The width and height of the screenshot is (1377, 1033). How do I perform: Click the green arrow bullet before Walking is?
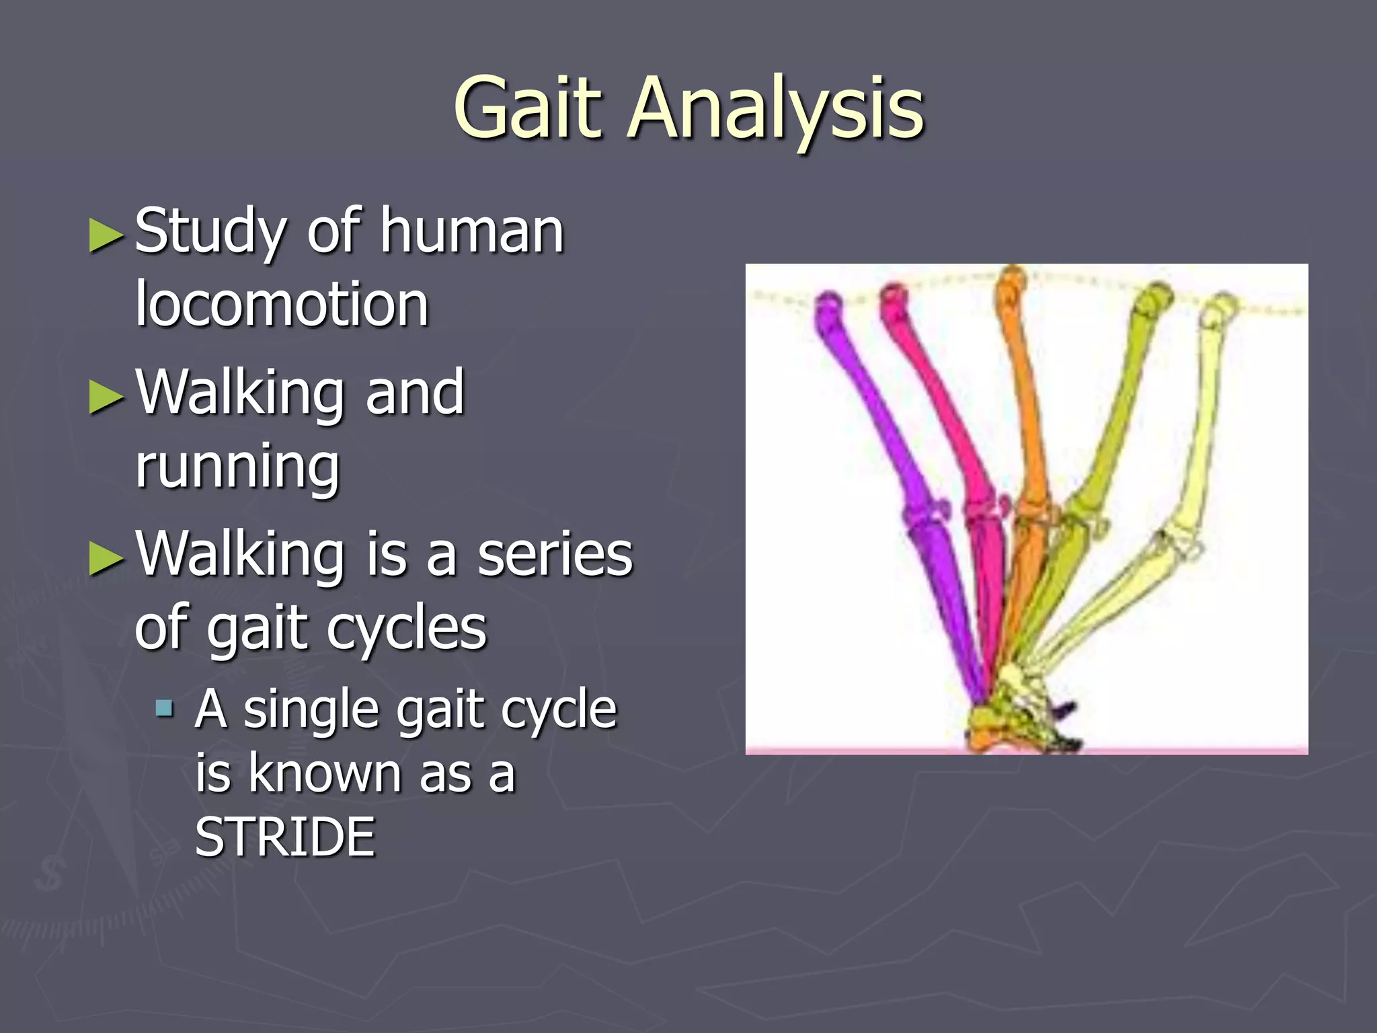106,558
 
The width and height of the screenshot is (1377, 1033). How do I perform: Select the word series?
555,555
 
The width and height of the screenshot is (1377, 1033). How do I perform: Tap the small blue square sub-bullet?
164,707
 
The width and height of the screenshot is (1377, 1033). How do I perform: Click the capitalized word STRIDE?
285,837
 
